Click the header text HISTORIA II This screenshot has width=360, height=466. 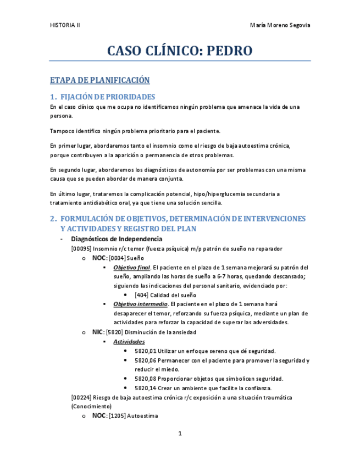click(x=64, y=25)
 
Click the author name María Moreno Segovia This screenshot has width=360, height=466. click(x=280, y=25)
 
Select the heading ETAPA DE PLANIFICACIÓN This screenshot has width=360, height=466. click(x=99, y=80)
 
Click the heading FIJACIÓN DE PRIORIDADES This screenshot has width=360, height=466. click(x=108, y=97)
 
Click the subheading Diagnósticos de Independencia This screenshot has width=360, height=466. click(x=117, y=239)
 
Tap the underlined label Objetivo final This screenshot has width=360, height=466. click(x=131, y=267)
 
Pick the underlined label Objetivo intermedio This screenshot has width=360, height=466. click(x=140, y=304)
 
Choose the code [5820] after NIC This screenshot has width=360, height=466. click(x=114, y=332)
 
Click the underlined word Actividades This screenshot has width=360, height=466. click(x=129, y=341)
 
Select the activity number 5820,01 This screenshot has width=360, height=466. click(x=145, y=351)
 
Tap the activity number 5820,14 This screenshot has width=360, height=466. click(x=145, y=388)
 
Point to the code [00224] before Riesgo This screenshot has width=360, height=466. click(x=81, y=397)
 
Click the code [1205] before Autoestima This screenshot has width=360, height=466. click(x=117, y=416)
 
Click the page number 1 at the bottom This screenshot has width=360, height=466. click(x=179, y=434)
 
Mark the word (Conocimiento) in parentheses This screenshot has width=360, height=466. click(x=91, y=407)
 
